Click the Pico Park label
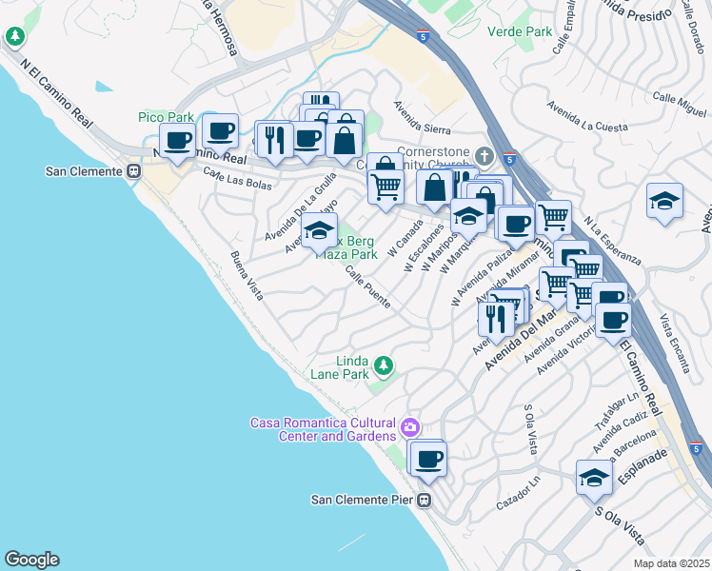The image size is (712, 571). [166, 117]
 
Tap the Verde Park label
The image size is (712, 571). [520, 31]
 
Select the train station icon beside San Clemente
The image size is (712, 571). [134, 171]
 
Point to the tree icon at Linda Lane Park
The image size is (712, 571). [383, 365]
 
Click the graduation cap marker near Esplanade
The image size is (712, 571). [594, 477]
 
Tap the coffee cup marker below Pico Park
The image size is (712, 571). [177, 140]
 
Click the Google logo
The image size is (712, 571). [31, 560]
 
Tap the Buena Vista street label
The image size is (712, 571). [246, 275]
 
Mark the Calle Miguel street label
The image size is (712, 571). [679, 106]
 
